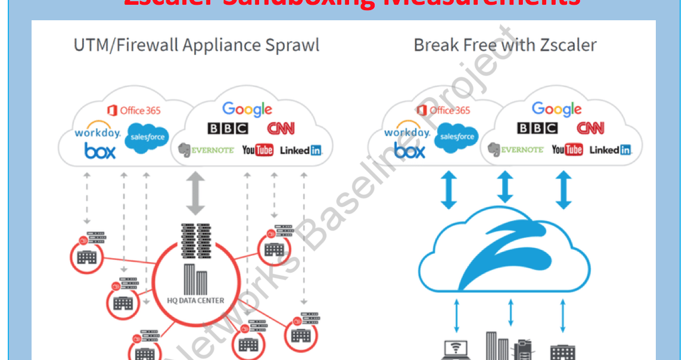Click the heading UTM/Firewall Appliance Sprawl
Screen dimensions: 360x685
196,45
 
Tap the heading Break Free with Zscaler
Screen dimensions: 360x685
505,45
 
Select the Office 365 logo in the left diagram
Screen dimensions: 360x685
134,110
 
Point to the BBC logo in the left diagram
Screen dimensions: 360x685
228,128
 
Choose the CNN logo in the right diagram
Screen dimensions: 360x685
590,128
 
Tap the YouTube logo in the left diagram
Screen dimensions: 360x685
257,150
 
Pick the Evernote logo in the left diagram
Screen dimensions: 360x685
205,150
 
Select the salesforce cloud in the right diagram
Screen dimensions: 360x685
457,137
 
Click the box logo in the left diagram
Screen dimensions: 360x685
99,151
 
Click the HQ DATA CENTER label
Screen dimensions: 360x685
195,300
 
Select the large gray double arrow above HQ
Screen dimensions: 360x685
195,193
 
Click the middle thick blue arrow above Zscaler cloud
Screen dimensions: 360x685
505,188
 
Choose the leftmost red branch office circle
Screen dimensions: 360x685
86,256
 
